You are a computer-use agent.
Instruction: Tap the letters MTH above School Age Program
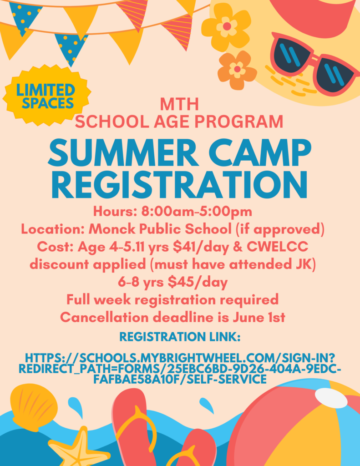(179, 104)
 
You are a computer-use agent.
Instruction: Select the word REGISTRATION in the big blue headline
(180, 185)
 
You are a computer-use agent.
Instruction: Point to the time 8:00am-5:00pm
(197, 212)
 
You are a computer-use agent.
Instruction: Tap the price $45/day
(198, 282)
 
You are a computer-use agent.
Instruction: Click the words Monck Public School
(160, 229)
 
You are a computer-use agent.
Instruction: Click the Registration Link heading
(180, 337)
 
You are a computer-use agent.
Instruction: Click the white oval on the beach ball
(331, 398)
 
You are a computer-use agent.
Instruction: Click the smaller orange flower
(237, 70)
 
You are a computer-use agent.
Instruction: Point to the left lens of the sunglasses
(291, 57)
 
